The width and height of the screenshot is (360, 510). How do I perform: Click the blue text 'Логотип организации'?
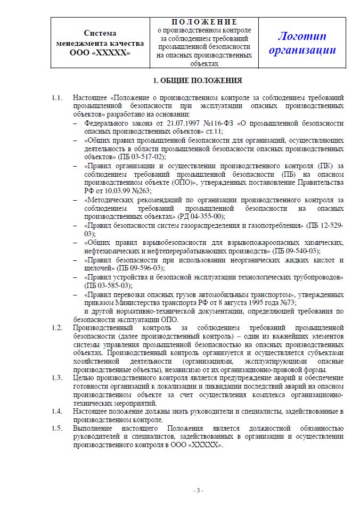click(x=302, y=43)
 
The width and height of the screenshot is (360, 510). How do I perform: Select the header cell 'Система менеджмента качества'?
click(x=100, y=43)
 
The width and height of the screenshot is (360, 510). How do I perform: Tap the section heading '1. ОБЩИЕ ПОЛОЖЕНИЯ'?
click(x=197, y=81)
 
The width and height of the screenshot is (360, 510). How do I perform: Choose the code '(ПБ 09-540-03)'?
click(x=296, y=250)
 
